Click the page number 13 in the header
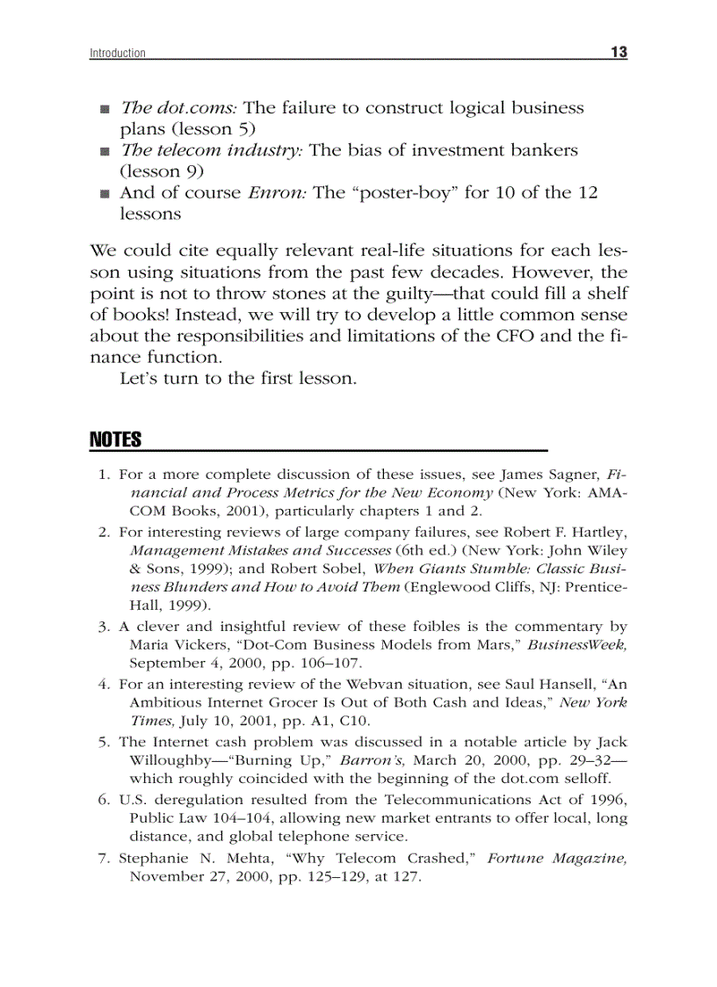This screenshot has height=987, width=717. [619, 52]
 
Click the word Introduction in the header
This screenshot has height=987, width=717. [118, 54]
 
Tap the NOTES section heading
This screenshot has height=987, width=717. [116, 439]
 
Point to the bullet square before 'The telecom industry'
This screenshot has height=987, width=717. [105, 152]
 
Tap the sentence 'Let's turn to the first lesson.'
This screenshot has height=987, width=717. [238, 379]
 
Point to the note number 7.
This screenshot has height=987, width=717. [103, 858]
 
